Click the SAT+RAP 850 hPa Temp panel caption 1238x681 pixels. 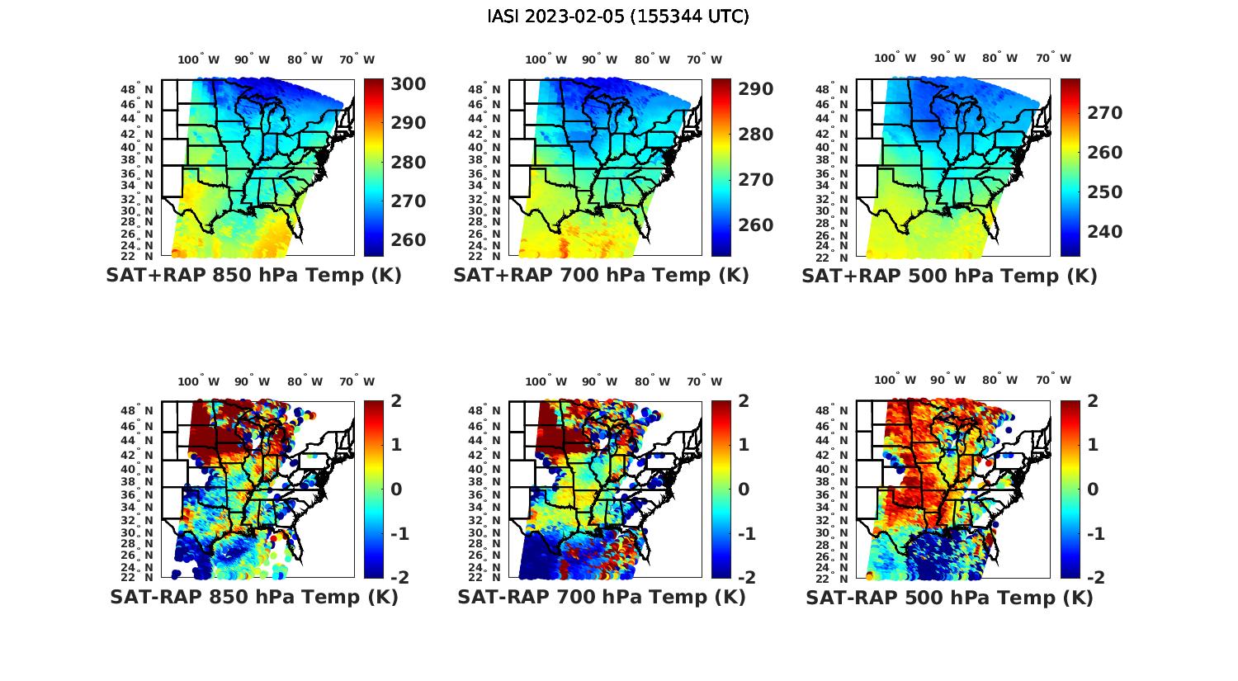253,276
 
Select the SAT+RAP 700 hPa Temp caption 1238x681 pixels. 601,276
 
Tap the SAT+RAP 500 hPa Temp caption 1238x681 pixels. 949,276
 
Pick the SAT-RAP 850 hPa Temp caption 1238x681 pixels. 253,597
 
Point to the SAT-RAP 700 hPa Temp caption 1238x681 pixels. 601,597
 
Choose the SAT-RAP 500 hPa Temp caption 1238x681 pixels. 949,597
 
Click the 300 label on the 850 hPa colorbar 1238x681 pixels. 408,84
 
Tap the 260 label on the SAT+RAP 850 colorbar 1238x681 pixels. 408,240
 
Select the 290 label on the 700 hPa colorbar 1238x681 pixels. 755,89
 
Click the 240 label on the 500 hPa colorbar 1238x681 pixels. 1104,232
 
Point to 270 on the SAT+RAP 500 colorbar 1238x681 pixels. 1104,113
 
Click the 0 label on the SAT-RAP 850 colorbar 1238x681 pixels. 396,489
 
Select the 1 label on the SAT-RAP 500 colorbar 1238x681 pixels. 1094,445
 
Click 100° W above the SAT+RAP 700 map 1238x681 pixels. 546,59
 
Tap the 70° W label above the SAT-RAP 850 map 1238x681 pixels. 357,381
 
